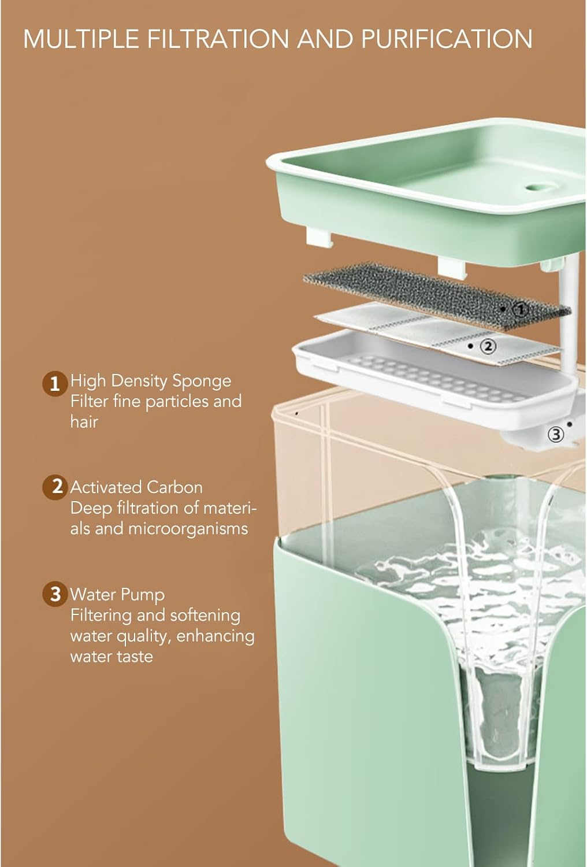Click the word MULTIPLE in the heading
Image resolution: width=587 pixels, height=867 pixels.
[x=81, y=39]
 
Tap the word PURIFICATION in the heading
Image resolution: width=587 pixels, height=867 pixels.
[x=447, y=39]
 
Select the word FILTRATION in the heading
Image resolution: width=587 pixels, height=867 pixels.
[x=218, y=39]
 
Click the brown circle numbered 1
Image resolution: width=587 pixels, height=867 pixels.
[x=55, y=384]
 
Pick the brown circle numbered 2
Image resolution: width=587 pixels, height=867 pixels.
[x=55, y=487]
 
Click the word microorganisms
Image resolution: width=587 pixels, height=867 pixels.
[x=188, y=529]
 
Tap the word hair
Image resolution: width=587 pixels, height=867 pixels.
[x=84, y=421]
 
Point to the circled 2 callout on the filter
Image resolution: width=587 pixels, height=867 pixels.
[x=488, y=346]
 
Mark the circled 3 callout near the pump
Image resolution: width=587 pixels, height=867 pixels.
[x=556, y=434]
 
